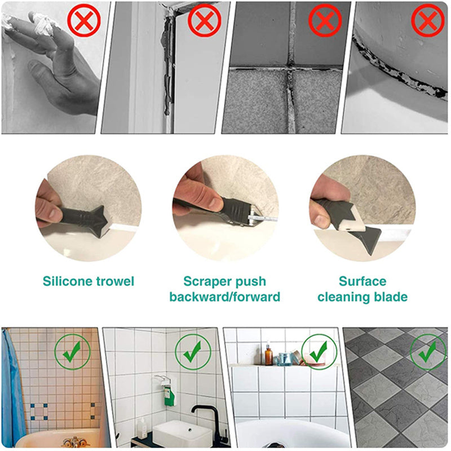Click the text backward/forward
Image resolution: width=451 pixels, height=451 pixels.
(224, 297)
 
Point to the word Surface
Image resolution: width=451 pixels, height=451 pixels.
(362, 281)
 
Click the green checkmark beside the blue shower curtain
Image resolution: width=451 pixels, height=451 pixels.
(72, 351)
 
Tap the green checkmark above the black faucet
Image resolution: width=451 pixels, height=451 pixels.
(192, 351)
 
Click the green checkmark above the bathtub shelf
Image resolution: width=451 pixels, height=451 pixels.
(319, 351)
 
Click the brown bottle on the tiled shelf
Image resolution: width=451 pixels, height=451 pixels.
(269, 356)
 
